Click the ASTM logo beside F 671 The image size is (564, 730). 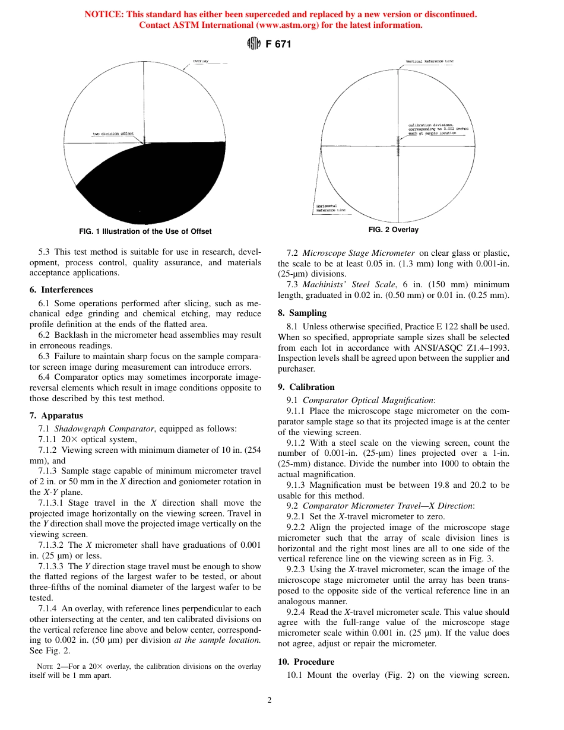(254, 45)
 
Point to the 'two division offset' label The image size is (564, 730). (113, 134)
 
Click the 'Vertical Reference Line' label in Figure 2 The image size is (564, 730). (429, 61)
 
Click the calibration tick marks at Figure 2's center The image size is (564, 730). (397, 145)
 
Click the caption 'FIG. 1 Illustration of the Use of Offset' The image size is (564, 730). (145, 231)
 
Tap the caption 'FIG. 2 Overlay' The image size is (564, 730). (393, 230)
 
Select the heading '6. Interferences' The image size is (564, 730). (61, 290)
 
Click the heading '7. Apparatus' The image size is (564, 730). (56, 415)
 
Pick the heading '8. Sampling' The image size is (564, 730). (302, 313)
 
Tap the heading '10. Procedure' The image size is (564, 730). (306, 662)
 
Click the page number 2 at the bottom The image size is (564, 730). (270, 700)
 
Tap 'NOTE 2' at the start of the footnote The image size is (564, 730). (49, 666)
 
